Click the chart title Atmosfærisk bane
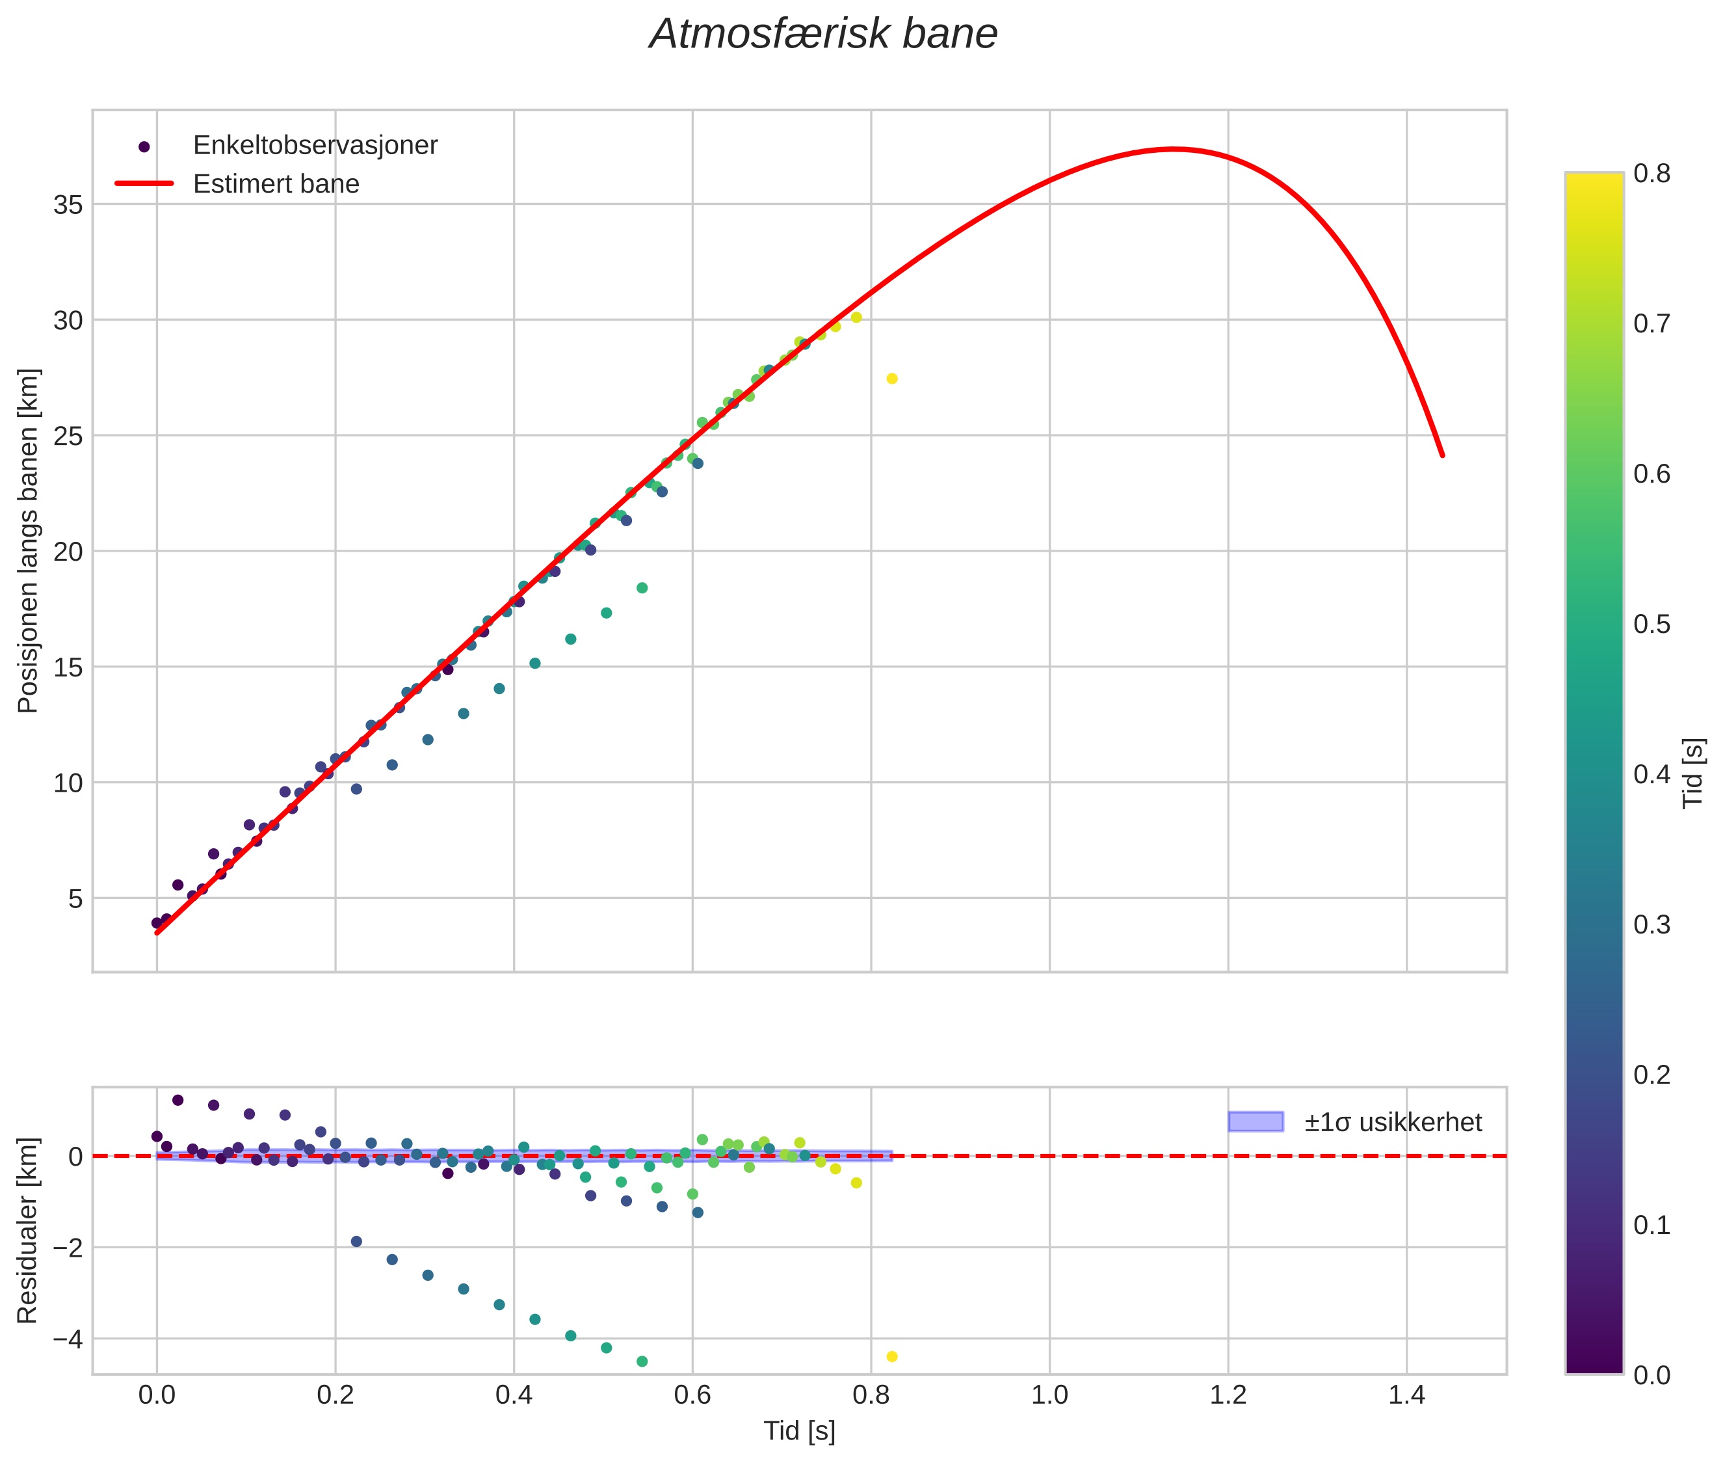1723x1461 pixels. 823,34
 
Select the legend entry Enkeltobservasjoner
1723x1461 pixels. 315,146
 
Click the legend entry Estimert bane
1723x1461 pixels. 276,184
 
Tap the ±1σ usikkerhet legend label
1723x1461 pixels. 1393,1122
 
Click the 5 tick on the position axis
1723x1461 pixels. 75,898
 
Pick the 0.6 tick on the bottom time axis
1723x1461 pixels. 692,1395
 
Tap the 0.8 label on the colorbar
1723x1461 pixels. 1651,173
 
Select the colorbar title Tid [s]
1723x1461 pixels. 1693,773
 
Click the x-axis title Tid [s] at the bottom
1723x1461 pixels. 799,1431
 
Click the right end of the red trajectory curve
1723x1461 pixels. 1442,455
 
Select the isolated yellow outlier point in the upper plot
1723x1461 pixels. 891,379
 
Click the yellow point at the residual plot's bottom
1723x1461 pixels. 891,1357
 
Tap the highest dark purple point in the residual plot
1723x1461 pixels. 178,1100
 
